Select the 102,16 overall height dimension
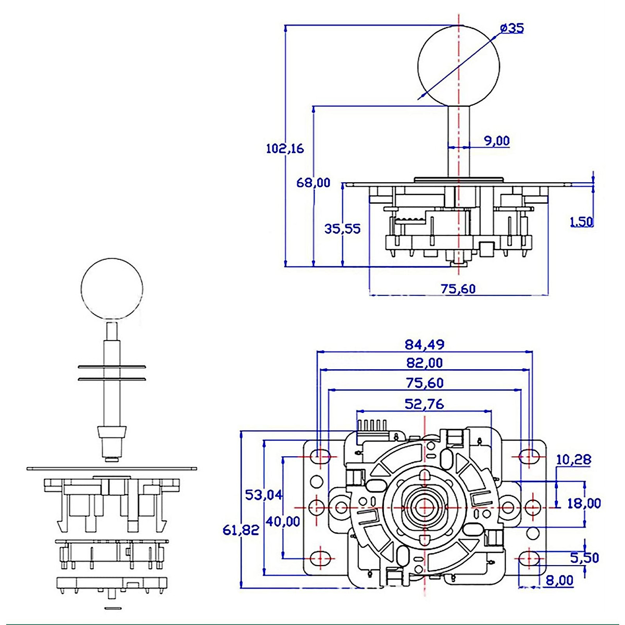click(284, 148)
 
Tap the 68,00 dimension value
click(313, 183)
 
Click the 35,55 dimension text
click(342, 229)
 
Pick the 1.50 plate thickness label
click(581, 221)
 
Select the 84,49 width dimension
click(424, 344)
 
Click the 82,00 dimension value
click(424, 363)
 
